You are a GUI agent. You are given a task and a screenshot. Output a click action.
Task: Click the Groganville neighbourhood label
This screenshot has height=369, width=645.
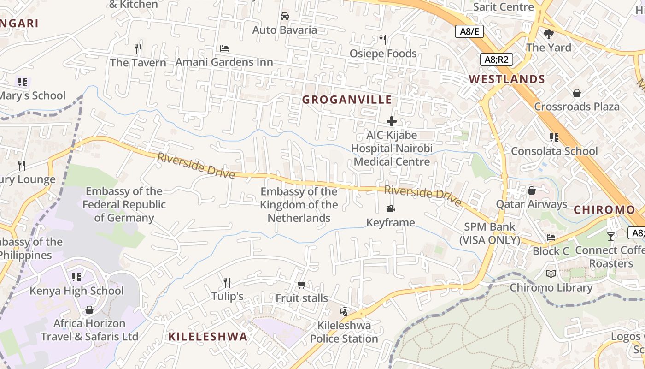[346, 100]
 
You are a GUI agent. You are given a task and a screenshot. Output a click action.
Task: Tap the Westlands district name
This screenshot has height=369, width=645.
[507, 79]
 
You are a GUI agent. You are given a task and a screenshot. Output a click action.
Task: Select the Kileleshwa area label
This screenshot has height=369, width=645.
[208, 336]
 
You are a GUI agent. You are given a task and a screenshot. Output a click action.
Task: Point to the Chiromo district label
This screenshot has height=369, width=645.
[604, 210]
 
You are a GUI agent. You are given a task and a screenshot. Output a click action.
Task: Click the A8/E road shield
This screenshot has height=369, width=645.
[469, 31]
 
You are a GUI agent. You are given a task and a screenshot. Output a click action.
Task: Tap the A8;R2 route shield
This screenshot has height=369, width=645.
[496, 59]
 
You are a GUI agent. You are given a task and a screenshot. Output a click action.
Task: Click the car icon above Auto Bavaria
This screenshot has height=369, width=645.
[285, 16]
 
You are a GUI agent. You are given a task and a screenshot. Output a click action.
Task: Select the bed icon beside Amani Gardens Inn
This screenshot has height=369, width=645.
[224, 48]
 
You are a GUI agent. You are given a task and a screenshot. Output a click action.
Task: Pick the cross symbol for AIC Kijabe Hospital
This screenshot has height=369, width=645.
[392, 121]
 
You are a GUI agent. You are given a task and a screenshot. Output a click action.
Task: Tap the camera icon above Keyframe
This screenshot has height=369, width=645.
[391, 209]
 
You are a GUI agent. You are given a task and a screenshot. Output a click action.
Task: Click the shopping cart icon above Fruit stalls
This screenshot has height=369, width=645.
[301, 285]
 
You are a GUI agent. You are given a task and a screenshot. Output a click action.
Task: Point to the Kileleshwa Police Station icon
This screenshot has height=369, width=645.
[344, 311]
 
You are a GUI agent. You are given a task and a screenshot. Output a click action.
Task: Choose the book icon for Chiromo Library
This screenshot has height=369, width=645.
[551, 274]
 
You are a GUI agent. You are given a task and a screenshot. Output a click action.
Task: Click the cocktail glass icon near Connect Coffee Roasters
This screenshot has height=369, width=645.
[611, 236]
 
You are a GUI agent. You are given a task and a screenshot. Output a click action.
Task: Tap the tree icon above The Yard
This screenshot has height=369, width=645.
[548, 33]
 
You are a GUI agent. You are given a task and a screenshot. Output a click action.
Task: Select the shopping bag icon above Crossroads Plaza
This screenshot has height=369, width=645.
[576, 93]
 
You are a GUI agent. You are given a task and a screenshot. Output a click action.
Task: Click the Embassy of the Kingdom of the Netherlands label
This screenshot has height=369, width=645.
[299, 205]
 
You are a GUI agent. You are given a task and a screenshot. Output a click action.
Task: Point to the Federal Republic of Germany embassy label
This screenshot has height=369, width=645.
[124, 205]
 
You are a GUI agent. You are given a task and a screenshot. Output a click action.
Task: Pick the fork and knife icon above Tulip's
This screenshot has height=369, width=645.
[227, 282]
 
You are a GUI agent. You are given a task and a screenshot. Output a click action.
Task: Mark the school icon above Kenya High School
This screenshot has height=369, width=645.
[76, 277]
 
